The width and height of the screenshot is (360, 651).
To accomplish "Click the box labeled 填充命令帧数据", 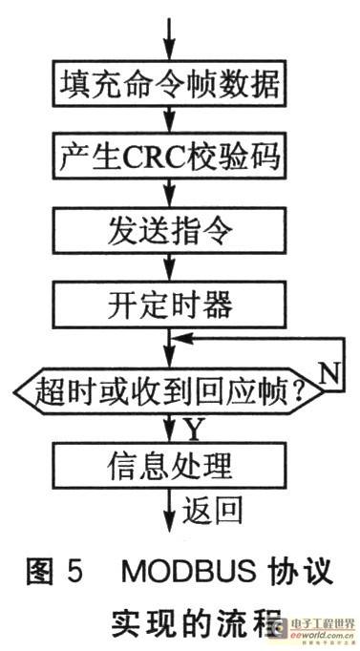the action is pos(169,83).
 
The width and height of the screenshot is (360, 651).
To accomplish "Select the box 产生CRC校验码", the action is pos(169,157).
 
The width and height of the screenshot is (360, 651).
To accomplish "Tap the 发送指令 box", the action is pos(169,230).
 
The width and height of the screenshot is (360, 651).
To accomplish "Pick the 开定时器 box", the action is pos(169,305).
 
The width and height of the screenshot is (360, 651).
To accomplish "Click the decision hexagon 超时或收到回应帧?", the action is pos(169,390).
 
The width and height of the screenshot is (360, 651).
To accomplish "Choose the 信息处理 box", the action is pos(169,465).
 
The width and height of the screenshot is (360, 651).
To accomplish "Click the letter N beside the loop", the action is pos(331,375).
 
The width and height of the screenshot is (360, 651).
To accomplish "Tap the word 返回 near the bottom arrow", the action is pos(212,509).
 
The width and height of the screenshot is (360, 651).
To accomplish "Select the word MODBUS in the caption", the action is pos(188,571).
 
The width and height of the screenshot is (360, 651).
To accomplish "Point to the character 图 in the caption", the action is pos(40,571).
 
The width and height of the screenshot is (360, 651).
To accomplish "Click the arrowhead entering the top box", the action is pos(169,52).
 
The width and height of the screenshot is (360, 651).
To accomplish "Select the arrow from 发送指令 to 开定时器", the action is pos(169,268).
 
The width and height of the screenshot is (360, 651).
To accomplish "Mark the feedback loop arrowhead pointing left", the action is pos(181,338).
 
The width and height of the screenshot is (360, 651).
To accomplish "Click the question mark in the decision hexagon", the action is pos(307,390).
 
